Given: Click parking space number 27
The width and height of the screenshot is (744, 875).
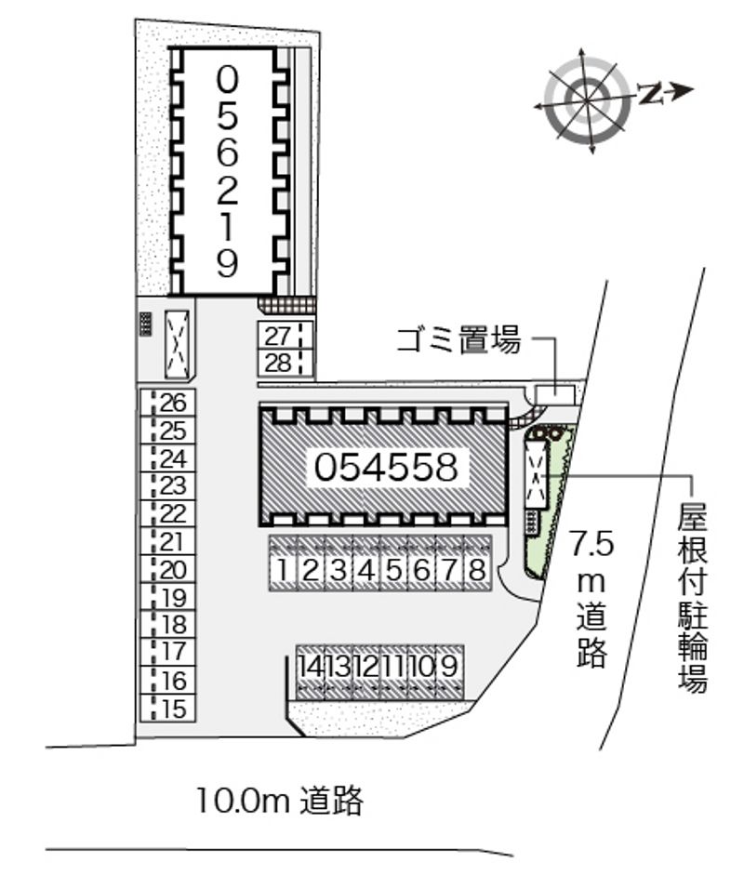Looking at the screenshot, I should coord(278,336).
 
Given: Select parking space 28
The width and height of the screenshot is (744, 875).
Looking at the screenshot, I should coord(278,364).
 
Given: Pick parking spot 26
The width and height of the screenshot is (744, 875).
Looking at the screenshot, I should coord(174,403).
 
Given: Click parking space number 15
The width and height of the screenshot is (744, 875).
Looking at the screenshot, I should coord(174,709).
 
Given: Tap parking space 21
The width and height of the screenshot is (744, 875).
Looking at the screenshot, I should coord(174,542).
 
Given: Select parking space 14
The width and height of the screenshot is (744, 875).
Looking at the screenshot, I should coord(311,667).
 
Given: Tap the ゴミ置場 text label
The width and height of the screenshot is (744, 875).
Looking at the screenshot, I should coord(458,341).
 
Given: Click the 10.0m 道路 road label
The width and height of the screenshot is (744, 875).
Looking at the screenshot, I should coord(279,800).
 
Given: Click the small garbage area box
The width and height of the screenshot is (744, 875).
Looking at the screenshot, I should coord(556,394).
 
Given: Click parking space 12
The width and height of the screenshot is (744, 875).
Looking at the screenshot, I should coord(366,667).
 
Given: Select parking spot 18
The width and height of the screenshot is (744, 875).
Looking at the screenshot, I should coord(174,625).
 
